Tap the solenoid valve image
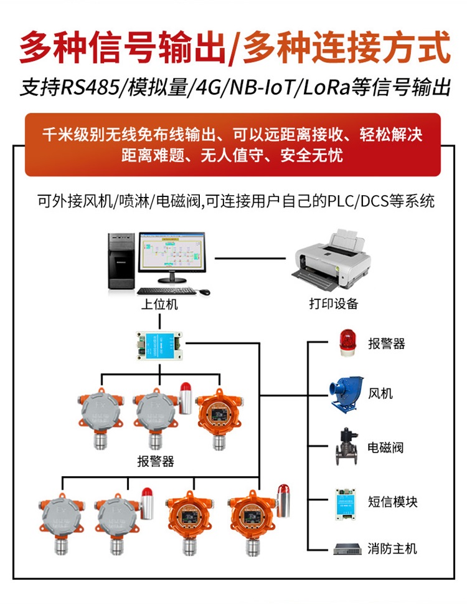(x=345, y=446)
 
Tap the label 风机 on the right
(x=380, y=395)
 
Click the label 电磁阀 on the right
(x=385, y=448)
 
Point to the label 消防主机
(x=392, y=549)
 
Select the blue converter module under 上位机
(x=159, y=342)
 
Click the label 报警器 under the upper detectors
(x=156, y=462)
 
